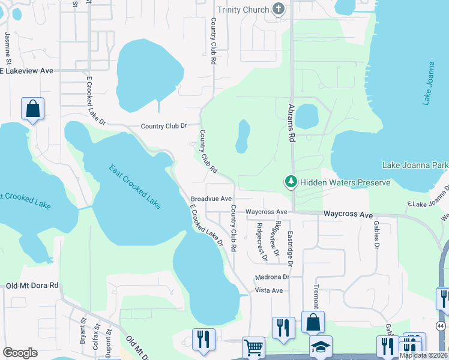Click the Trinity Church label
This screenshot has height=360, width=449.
pos(243,9)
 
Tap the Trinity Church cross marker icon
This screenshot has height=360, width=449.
pos(277,8)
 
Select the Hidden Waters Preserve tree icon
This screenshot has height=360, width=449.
pos(291,181)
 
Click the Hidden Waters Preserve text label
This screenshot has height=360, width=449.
pos(345,182)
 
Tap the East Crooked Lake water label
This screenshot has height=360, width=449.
pos(135,187)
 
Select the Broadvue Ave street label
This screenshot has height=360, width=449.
pos(211,199)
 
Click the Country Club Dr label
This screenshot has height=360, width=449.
pos(164,126)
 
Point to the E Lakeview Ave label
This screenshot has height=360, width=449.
pos(26,71)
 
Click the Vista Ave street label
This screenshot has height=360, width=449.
pos(269,290)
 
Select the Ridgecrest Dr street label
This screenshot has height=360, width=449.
pos(261,242)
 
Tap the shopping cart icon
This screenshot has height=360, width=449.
pos(253,347)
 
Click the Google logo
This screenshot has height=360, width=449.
pos(20,352)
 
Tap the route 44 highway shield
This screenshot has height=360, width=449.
pos(441,326)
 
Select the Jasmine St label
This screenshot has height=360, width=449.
pos(9,49)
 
